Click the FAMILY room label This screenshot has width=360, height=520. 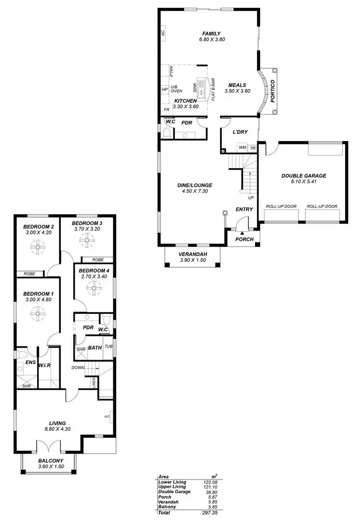(211, 34)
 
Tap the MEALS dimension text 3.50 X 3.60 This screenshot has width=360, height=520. (238, 91)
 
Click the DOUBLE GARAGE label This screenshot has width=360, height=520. (304, 176)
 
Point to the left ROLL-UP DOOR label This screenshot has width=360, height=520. (281, 207)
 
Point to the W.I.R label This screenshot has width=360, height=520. (45, 364)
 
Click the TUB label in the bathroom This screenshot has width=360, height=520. (108, 346)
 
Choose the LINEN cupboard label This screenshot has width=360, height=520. (94, 383)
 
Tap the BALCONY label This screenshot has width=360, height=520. (51, 460)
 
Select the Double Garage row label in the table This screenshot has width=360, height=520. (174, 492)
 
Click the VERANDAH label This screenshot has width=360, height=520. (192, 254)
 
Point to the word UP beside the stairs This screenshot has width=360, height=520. (251, 198)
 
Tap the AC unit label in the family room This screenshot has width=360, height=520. (163, 33)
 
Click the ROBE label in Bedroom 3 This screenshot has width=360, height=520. (98, 259)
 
